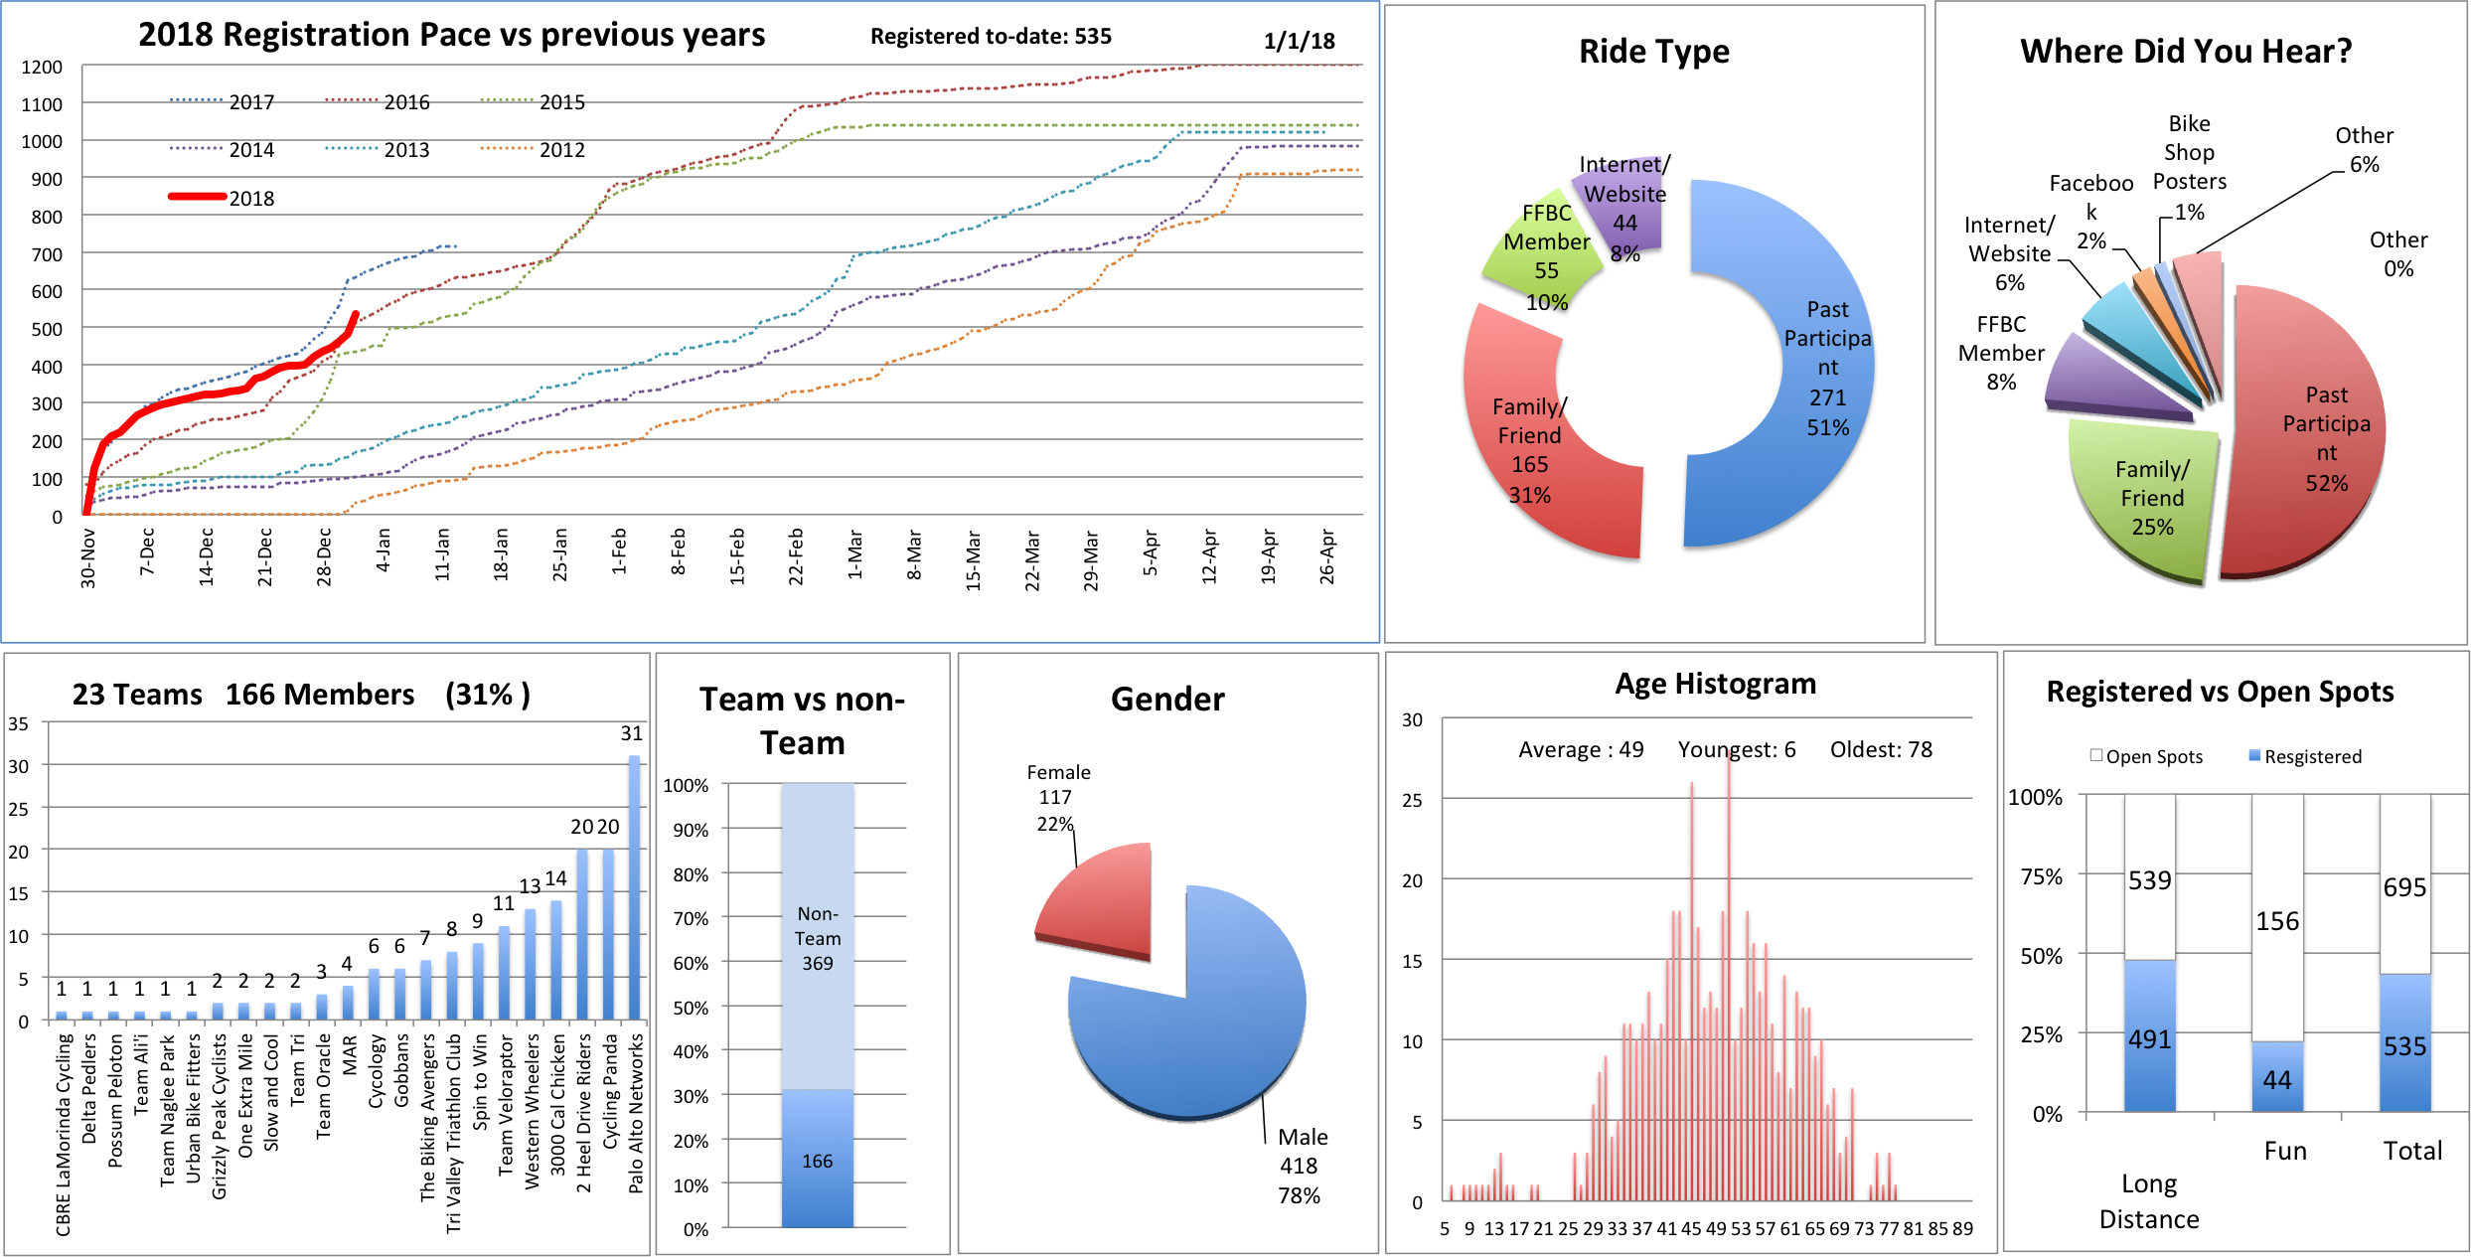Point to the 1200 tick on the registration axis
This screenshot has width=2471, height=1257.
click(x=42, y=67)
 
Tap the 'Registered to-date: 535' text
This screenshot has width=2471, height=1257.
click(x=991, y=37)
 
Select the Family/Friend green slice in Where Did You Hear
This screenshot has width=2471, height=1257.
click(x=2146, y=497)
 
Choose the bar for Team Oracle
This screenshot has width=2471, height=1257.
click(x=322, y=1007)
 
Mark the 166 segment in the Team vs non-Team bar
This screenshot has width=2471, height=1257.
click(x=818, y=1160)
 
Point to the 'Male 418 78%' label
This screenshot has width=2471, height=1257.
click(x=1300, y=1166)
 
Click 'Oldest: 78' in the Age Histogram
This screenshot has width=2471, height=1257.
click(x=1881, y=750)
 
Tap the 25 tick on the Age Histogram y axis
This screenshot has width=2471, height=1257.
click(x=1412, y=800)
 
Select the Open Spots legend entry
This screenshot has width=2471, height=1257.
click(x=2146, y=757)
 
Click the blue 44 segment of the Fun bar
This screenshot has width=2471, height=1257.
click(x=2277, y=1077)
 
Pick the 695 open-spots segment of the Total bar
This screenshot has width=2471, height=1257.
click(x=2404, y=886)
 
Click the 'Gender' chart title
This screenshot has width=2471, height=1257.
click(x=1167, y=700)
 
